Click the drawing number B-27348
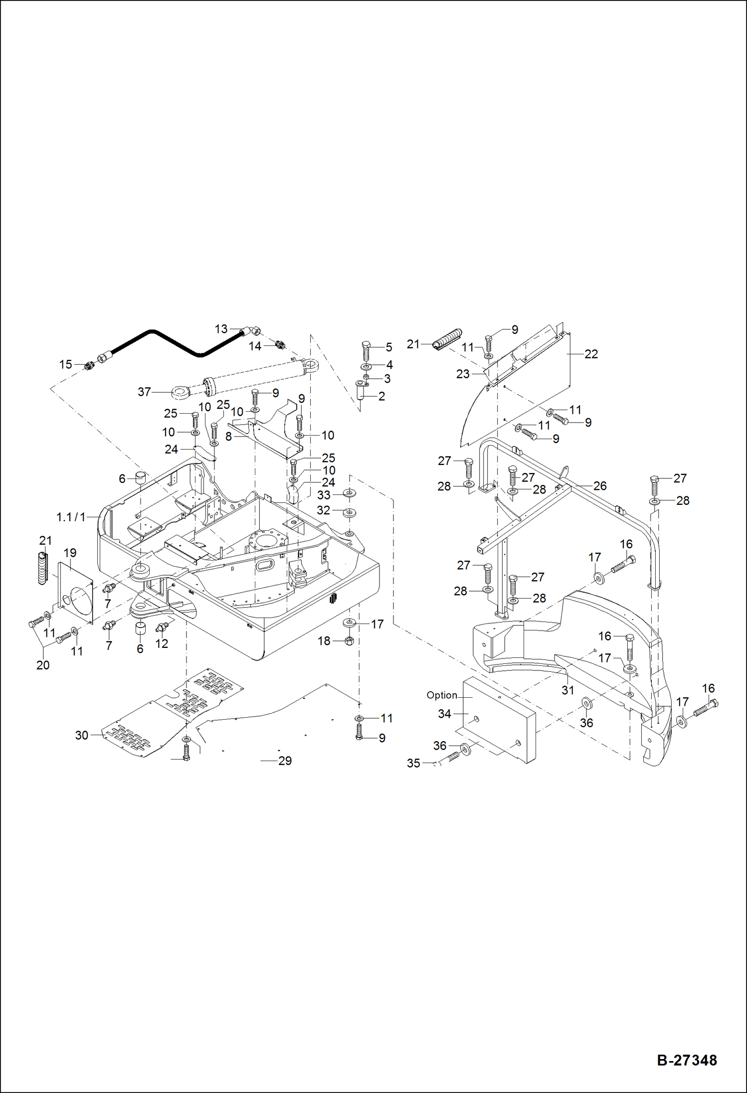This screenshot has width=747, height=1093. (687, 1060)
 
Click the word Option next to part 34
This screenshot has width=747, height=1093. (441, 695)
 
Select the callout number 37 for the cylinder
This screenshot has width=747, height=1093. (144, 392)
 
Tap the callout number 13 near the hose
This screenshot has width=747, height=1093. (221, 329)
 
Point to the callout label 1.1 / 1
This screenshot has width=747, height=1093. (71, 517)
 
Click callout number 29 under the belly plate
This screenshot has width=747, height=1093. (285, 761)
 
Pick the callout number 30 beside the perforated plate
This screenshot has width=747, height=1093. (81, 735)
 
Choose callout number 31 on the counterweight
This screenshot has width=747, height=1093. (568, 690)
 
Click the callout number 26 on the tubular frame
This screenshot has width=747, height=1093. (600, 485)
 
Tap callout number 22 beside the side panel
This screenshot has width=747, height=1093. (591, 354)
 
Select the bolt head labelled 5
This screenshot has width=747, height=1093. (366, 345)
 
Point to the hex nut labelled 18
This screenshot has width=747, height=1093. (349, 641)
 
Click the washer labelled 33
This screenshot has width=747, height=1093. (349, 493)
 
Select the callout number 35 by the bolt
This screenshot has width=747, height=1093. (413, 763)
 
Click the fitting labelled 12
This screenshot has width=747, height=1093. (162, 626)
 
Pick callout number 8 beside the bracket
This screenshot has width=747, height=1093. (228, 437)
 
